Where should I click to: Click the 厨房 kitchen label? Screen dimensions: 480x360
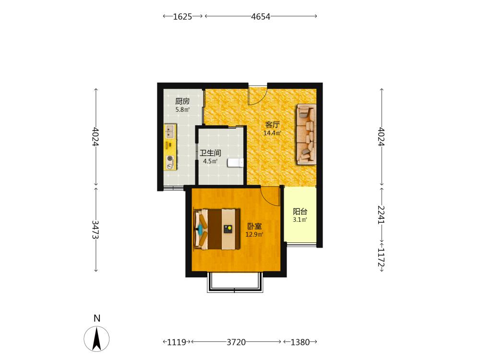click(x=182, y=101)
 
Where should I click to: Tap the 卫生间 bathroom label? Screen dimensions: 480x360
click(x=210, y=153)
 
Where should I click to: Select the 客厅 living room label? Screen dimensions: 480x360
click(x=273, y=125)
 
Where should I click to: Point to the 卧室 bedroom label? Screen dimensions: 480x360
click(x=254, y=226)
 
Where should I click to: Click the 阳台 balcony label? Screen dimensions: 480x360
click(x=300, y=211)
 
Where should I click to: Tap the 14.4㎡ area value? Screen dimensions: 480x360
click(x=272, y=133)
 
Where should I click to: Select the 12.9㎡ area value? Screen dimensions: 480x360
click(x=254, y=235)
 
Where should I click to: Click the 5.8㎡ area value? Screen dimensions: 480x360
click(x=182, y=109)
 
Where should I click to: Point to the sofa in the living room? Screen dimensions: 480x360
click(x=306, y=134)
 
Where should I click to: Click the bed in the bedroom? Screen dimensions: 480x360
click(x=217, y=229)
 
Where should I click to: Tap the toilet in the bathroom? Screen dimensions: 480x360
click(x=235, y=163)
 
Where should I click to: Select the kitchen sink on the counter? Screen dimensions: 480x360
click(x=170, y=131)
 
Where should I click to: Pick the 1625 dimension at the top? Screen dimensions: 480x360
click(x=182, y=16)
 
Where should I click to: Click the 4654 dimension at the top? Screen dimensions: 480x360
click(x=261, y=16)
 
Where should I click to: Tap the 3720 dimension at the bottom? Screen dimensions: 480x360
click(x=236, y=342)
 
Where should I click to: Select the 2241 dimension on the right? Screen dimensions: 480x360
click(x=382, y=215)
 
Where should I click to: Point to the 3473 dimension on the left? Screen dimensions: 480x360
click(x=96, y=229)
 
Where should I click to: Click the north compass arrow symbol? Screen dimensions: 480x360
click(x=97, y=339)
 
